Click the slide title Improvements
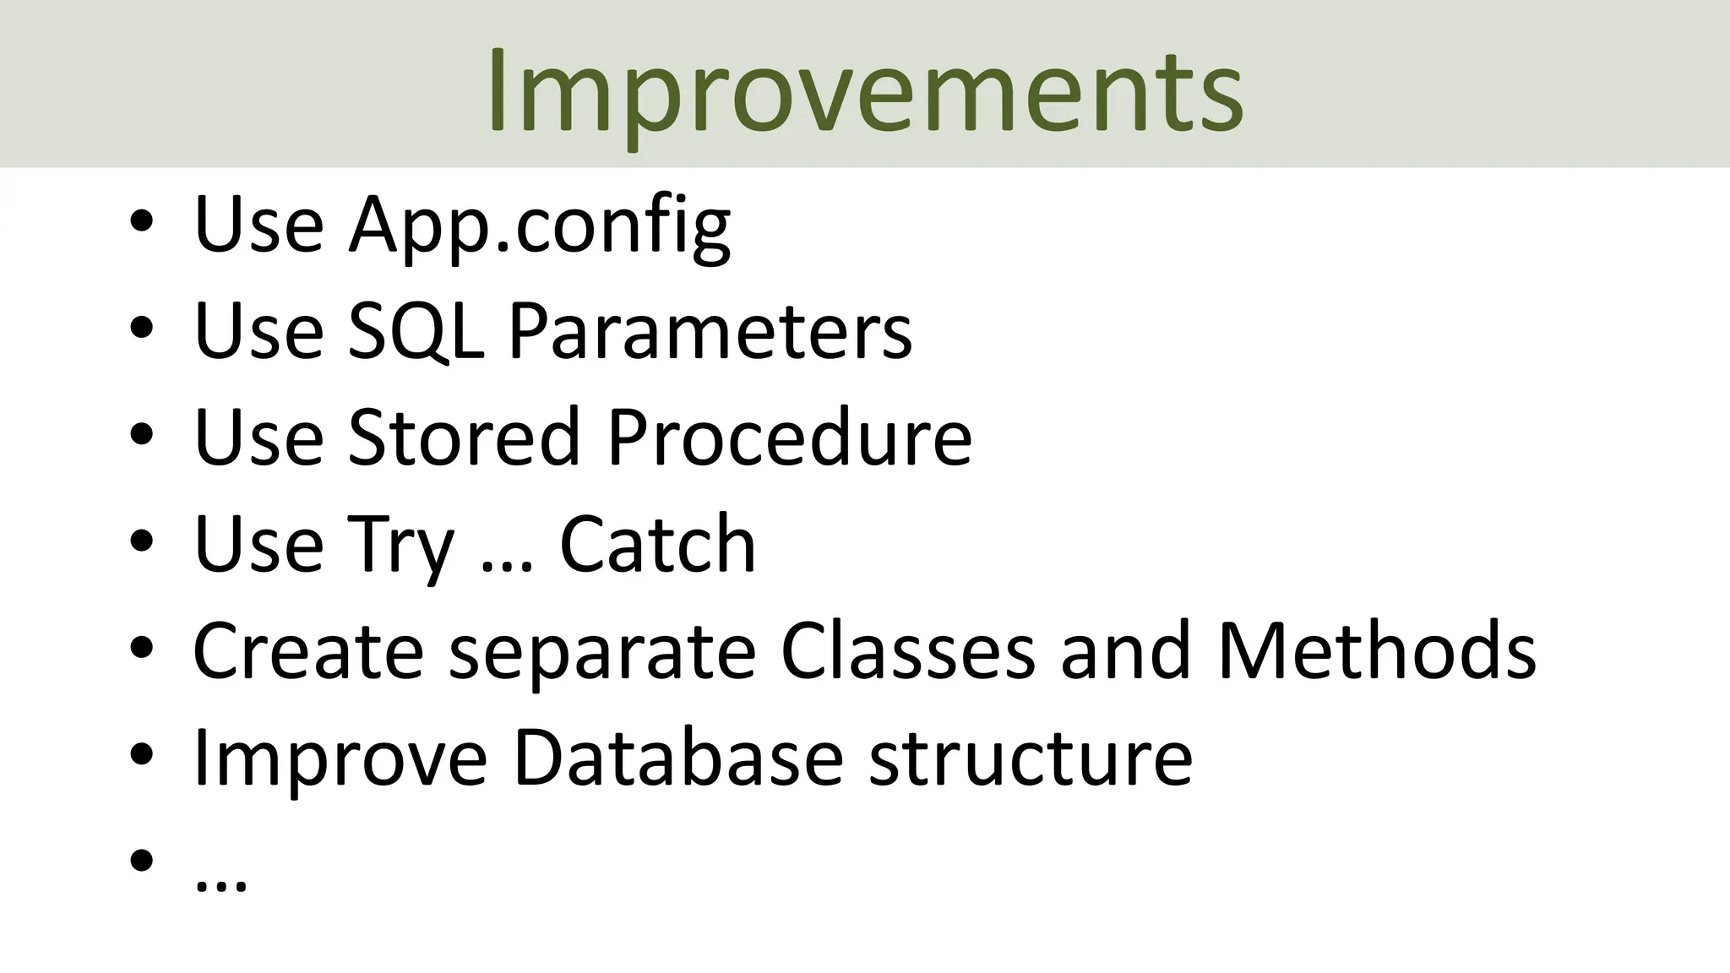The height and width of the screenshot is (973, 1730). point(864,91)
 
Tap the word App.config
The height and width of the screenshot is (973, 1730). point(540,225)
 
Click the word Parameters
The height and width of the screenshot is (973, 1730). point(710,332)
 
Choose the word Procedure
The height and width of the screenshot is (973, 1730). point(789,438)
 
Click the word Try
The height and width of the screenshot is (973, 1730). point(400,546)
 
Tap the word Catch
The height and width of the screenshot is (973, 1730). point(657,546)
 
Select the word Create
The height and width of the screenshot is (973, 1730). point(308,651)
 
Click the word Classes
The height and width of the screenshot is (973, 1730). point(908,651)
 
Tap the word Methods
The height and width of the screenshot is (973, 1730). point(1376,651)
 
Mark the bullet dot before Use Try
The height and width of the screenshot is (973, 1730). point(142,541)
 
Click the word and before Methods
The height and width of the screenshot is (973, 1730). point(1125,651)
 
